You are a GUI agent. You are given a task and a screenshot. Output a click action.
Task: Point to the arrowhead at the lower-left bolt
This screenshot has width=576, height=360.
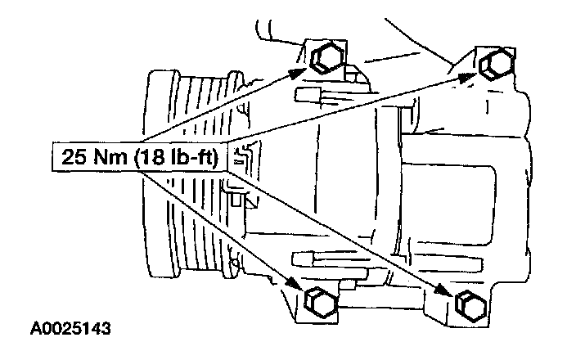(295, 284)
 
